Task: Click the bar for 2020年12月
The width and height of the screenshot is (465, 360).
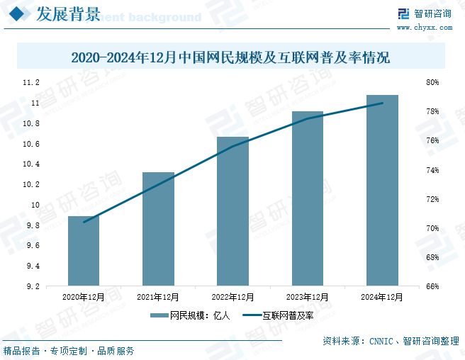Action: pos(84,251)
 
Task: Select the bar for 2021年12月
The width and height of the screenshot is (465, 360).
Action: pos(158,229)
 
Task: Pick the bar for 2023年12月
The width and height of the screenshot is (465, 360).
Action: pos(307,198)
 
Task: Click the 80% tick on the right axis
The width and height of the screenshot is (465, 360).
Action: pos(432,83)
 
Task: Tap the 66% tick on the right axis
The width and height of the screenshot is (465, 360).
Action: pos(432,287)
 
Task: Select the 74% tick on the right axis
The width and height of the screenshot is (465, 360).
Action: pos(432,171)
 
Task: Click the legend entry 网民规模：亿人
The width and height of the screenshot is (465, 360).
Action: pos(191,315)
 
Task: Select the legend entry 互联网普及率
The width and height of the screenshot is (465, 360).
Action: pos(279,315)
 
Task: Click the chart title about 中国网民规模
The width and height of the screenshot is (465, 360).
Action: pos(231,57)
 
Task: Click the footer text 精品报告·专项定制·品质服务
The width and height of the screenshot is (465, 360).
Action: pos(69,351)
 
